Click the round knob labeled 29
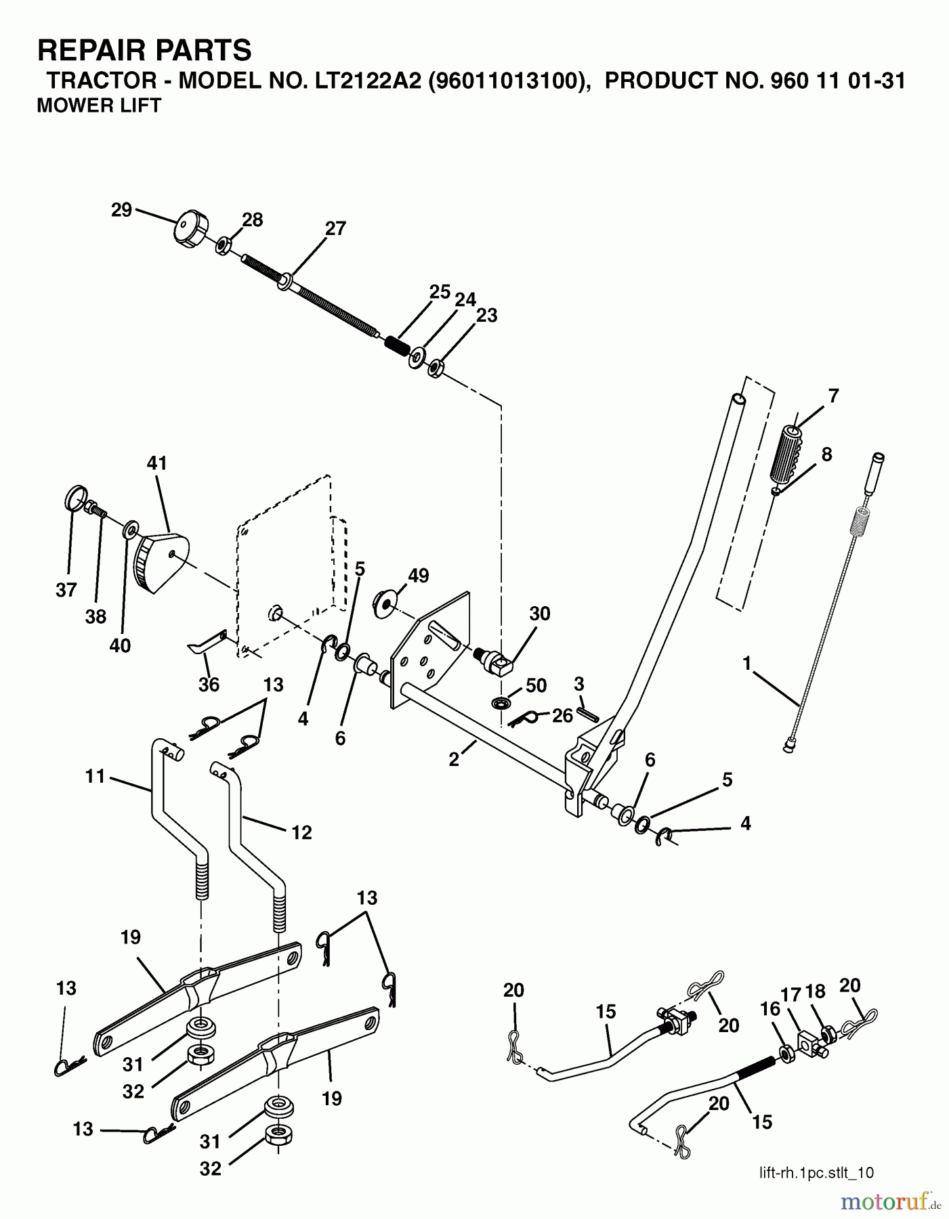tap(189, 230)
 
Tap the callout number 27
tap(335, 229)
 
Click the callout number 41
tap(156, 464)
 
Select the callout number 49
tap(418, 576)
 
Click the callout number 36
tap(209, 685)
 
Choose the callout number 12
tap(301, 832)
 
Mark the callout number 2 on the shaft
tap(453, 760)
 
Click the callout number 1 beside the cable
tap(746, 664)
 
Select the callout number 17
tap(791, 993)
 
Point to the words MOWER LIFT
tap(99, 106)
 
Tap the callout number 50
tap(536, 685)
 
